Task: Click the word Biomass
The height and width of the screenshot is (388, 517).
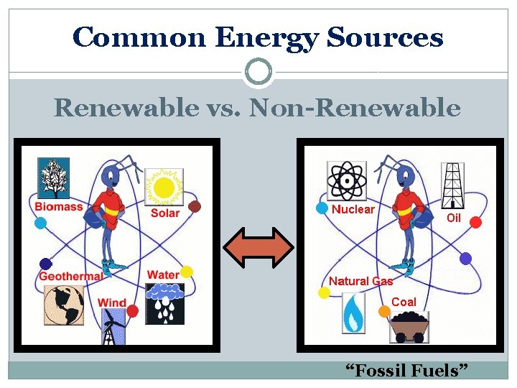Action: (x=59, y=207)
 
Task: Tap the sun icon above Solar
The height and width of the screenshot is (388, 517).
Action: (x=164, y=188)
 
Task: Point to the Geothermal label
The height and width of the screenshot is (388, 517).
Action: (x=70, y=277)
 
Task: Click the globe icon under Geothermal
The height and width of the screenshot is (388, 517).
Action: (x=64, y=305)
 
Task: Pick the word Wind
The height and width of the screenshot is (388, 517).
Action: (x=112, y=303)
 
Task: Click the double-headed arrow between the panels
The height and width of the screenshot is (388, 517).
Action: (x=258, y=246)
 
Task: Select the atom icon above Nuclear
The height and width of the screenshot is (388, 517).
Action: (x=347, y=180)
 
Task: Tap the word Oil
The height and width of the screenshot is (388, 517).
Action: (x=454, y=218)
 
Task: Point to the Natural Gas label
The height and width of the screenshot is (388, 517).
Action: (x=360, y=281)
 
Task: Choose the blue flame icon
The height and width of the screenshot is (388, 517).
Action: (x=352, y=314)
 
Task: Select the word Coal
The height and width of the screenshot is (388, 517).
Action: (x=404, y=302)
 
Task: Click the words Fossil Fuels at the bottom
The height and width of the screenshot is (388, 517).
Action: (x=407, y=371)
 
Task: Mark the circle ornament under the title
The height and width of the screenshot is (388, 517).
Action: (x=258, y=72)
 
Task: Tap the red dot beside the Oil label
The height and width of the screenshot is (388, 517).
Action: (x=475, y=223)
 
